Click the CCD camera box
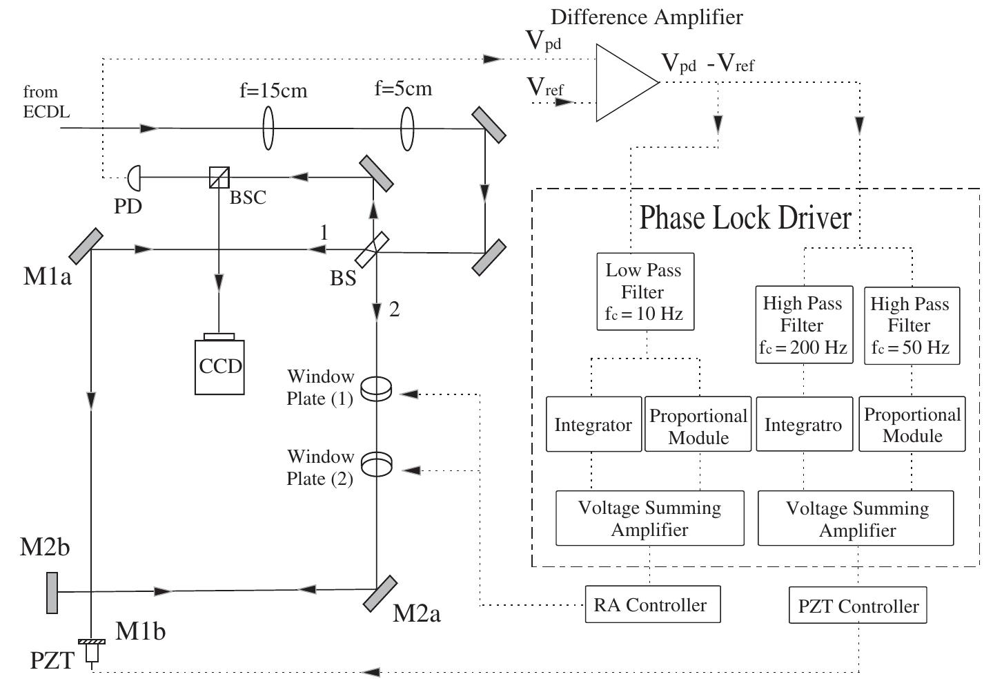[219, 366]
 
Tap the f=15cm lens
[268, 128]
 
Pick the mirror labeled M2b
[52, 593]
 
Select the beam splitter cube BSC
[219, 178]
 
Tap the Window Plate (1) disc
[376, 388]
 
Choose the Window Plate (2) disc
[376, 464]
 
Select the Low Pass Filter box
[644, 291]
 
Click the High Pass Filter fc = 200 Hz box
[803, 325]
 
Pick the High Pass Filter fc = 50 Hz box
[910, 325]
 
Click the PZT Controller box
[858, 606]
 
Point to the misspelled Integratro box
[803, 424]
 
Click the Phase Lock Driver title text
[745, 218]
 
